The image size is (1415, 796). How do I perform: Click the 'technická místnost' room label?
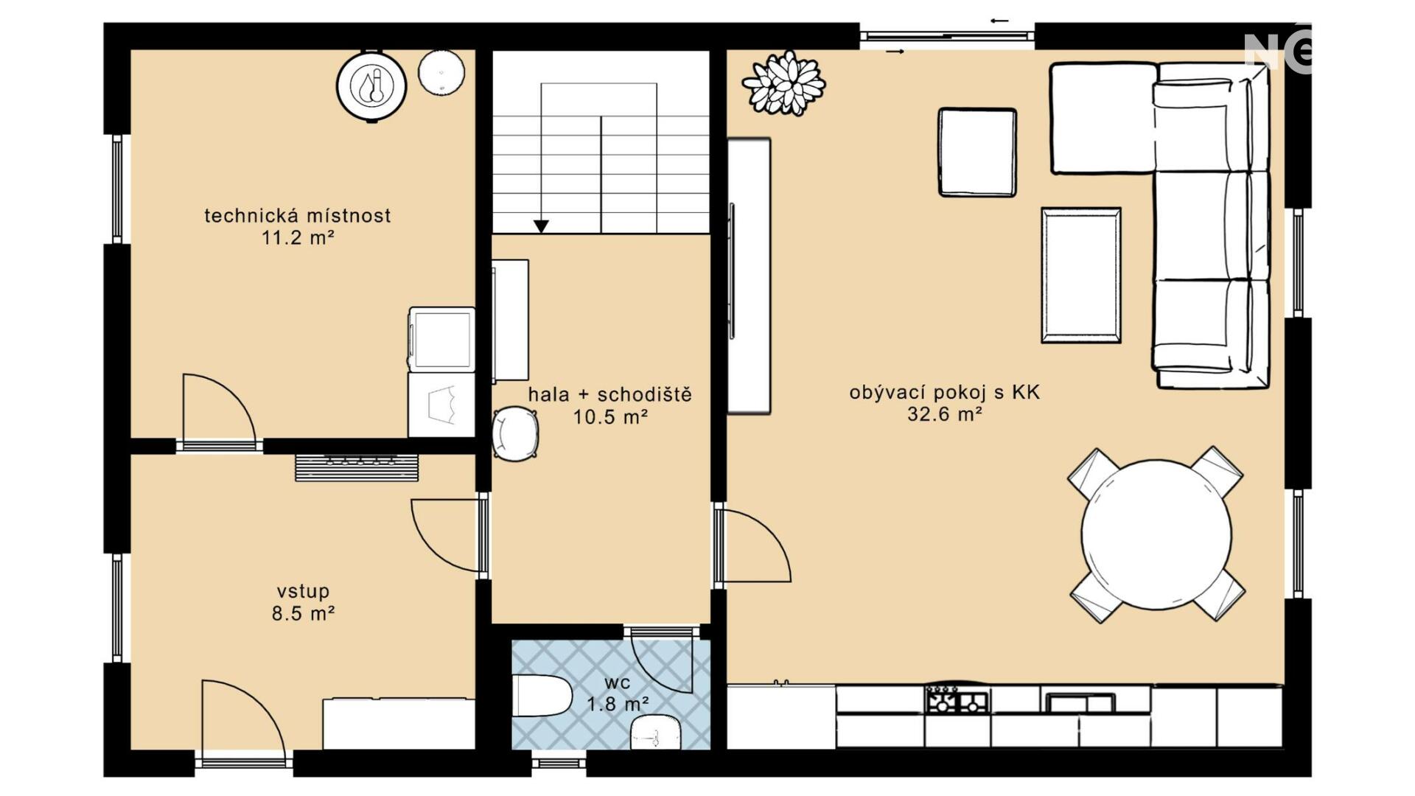(297, 215)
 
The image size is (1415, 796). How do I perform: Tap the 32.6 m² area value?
(944, 414)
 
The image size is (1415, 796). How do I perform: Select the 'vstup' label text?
(303, 591)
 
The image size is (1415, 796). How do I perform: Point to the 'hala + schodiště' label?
(610, 394)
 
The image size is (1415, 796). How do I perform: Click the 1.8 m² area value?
(618, 705)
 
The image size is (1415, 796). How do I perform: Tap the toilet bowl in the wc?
(542, 695)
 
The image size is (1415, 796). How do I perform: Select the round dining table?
(1156, 534)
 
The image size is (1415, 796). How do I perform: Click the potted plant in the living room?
(783, 83)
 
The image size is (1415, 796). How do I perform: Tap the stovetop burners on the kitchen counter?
(957, 699)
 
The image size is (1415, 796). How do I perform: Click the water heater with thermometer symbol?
(371, 85)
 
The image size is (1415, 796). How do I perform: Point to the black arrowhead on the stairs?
(541, 226)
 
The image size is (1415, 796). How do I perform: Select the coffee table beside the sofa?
(1081, 275)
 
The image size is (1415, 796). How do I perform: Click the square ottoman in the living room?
(977, 153)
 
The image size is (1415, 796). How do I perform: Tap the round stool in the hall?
(514, 434)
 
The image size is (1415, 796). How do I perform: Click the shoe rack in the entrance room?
(357, 468)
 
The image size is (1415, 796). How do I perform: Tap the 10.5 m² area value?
(610, 417)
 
